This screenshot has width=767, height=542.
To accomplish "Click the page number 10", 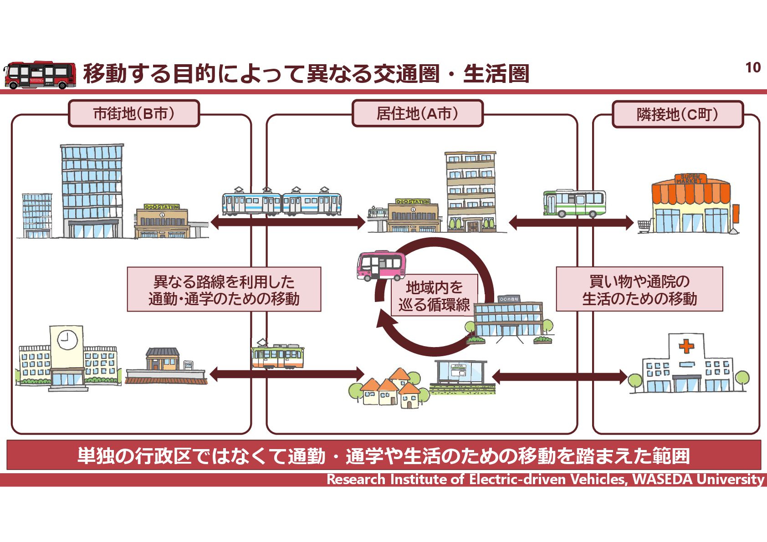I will tap(753, 67).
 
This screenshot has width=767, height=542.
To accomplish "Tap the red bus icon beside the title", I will tap(40, 75).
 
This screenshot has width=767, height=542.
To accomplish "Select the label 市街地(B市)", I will tap(134, 113).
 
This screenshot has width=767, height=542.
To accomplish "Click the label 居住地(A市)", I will tap(417, 113).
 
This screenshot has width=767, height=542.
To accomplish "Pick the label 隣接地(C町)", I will tap(677, 114).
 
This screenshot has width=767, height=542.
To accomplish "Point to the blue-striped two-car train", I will tap(281, 202).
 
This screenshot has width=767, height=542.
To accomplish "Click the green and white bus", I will tap(574, 203).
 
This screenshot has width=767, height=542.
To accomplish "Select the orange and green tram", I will tap(277, 355).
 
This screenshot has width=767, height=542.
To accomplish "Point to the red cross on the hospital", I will tap(686, 347).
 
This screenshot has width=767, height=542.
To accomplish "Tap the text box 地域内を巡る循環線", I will tap(434, 296).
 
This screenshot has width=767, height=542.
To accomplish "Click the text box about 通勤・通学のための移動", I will tap(224, 290).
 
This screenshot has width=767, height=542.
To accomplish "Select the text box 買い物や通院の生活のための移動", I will tap(639, 290).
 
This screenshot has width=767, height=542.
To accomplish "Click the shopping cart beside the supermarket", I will tap(644, 226).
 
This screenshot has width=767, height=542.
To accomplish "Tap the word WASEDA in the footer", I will tap(663, 480).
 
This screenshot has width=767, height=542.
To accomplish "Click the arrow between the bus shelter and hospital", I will tap(560, 377).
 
